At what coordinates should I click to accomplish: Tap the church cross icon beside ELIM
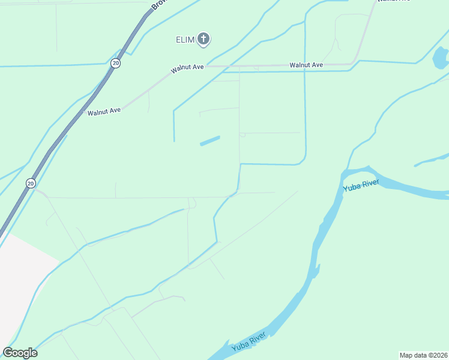(x=203, y=40)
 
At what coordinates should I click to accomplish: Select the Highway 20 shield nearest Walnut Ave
(x=116, y=63)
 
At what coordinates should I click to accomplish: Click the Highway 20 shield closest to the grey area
(x=31, y=182)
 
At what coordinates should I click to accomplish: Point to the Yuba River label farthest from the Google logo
(x=361, y=185)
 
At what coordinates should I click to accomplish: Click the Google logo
(x=20, y=352)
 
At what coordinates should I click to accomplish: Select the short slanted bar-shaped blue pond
(x=209, y=140)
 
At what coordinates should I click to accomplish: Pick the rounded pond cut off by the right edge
(x=441, y=58)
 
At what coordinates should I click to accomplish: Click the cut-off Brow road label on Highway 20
(x=157, y=5)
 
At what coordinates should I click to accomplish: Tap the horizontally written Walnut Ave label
(x=306, y=65)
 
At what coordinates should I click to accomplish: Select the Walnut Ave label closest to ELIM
(x=187, y=67)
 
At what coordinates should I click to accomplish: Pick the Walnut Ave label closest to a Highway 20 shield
(x=104, y=111)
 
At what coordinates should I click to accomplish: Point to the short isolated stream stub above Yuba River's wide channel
(x=430, y=159)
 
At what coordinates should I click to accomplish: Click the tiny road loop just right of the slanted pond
(x=243, y=135)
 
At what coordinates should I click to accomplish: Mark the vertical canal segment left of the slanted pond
(x=174, y=126)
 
